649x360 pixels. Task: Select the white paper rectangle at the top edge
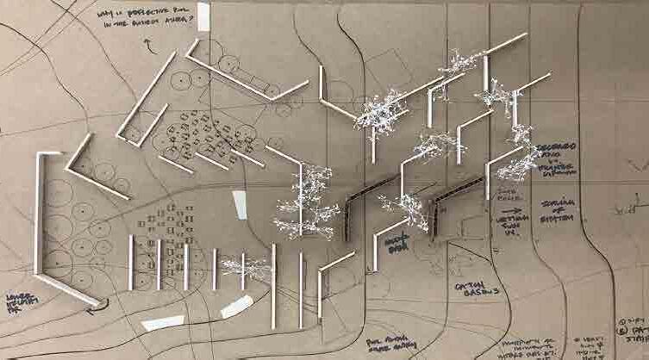tap(203, 15)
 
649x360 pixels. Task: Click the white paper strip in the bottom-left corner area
tap(164, 323)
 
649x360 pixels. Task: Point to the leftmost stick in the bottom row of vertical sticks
tap(131, 261)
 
